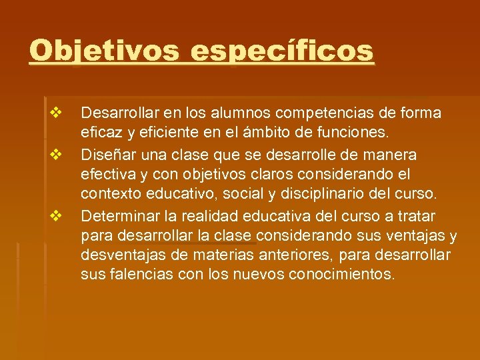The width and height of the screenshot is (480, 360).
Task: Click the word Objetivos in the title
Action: [104, 51]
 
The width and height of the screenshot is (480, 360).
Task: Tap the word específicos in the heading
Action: [283, 51]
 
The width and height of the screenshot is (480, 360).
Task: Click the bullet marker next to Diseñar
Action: [55, 155]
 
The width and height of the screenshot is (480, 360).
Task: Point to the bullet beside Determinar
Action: [55, 216]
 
